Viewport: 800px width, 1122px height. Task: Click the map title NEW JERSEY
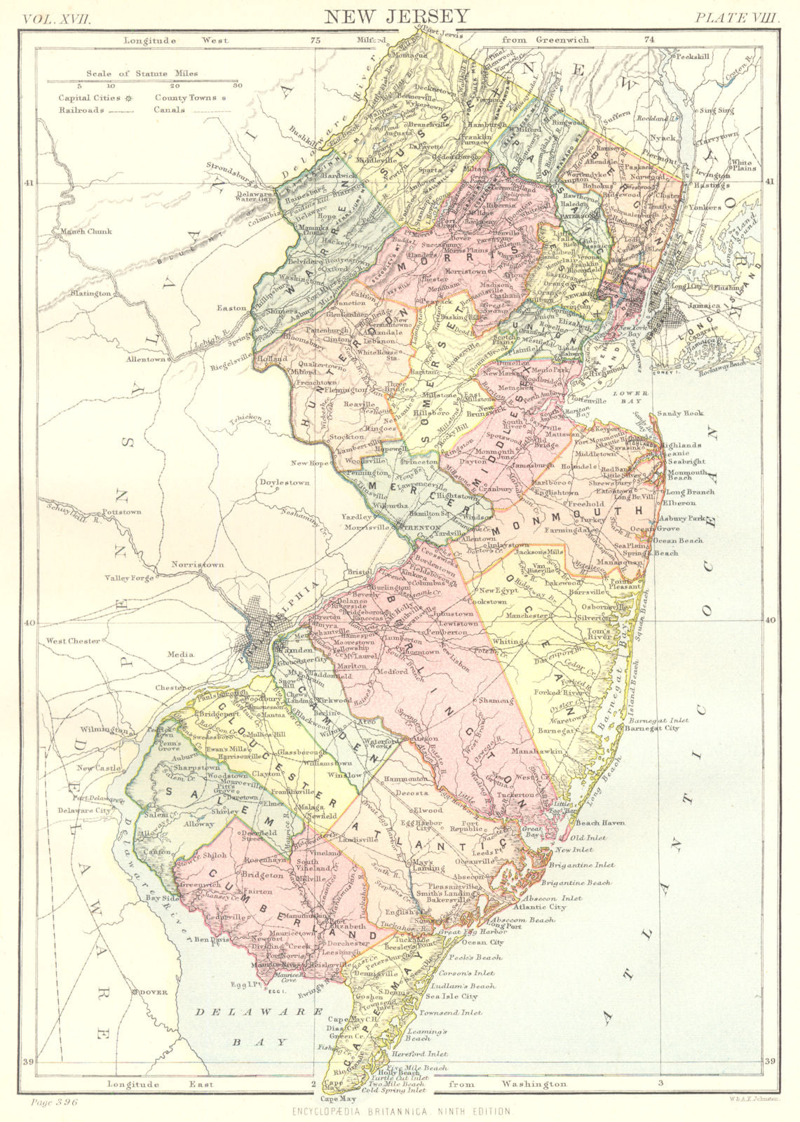pyautogui.click(x=400, y=15)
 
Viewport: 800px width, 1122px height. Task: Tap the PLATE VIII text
pyautogui.click(x=736, y=18)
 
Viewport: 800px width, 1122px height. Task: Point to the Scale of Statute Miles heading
pyautogui.click(x=142, y=73)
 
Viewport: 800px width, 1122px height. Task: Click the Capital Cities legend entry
pyautogui.click(x=90, y=98)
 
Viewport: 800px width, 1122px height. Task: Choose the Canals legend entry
pyautogui.click(x=170, y=110)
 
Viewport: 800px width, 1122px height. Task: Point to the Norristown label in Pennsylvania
pyautogui.click(x=198, y=564)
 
